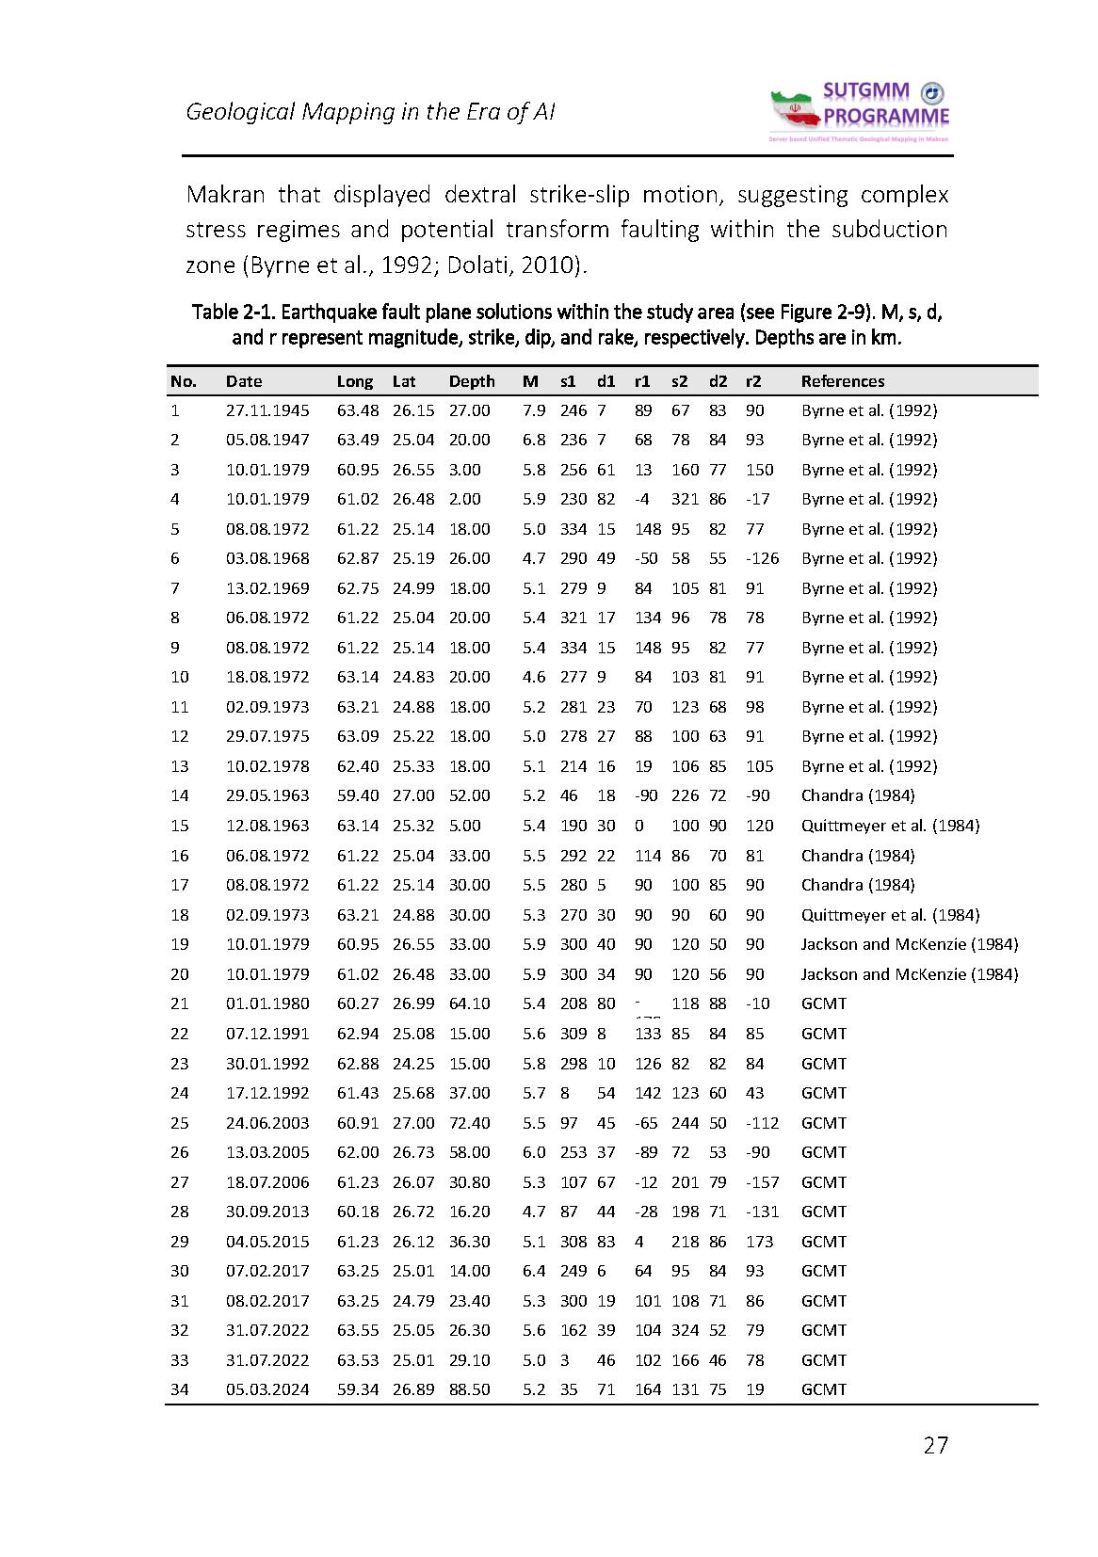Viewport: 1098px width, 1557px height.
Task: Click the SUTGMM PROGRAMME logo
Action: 860,111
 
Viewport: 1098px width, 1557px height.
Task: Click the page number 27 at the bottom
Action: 935,1445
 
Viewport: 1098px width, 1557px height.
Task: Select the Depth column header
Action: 471,381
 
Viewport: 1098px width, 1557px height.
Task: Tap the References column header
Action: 842,381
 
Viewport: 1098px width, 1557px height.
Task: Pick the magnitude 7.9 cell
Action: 533,410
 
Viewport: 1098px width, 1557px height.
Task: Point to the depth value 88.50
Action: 469,1389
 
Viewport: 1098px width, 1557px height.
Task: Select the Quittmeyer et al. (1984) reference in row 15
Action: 889,826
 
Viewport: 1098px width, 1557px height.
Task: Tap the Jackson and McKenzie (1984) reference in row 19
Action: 909,944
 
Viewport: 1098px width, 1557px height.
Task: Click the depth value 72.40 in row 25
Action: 469,1123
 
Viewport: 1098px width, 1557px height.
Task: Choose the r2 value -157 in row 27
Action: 762,1182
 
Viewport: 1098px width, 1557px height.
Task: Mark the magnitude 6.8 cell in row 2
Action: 533,440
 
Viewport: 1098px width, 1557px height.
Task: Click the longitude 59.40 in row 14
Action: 358,795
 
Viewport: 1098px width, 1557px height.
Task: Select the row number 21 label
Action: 180,1003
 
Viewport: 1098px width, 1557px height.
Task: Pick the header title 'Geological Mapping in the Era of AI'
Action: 370,112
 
